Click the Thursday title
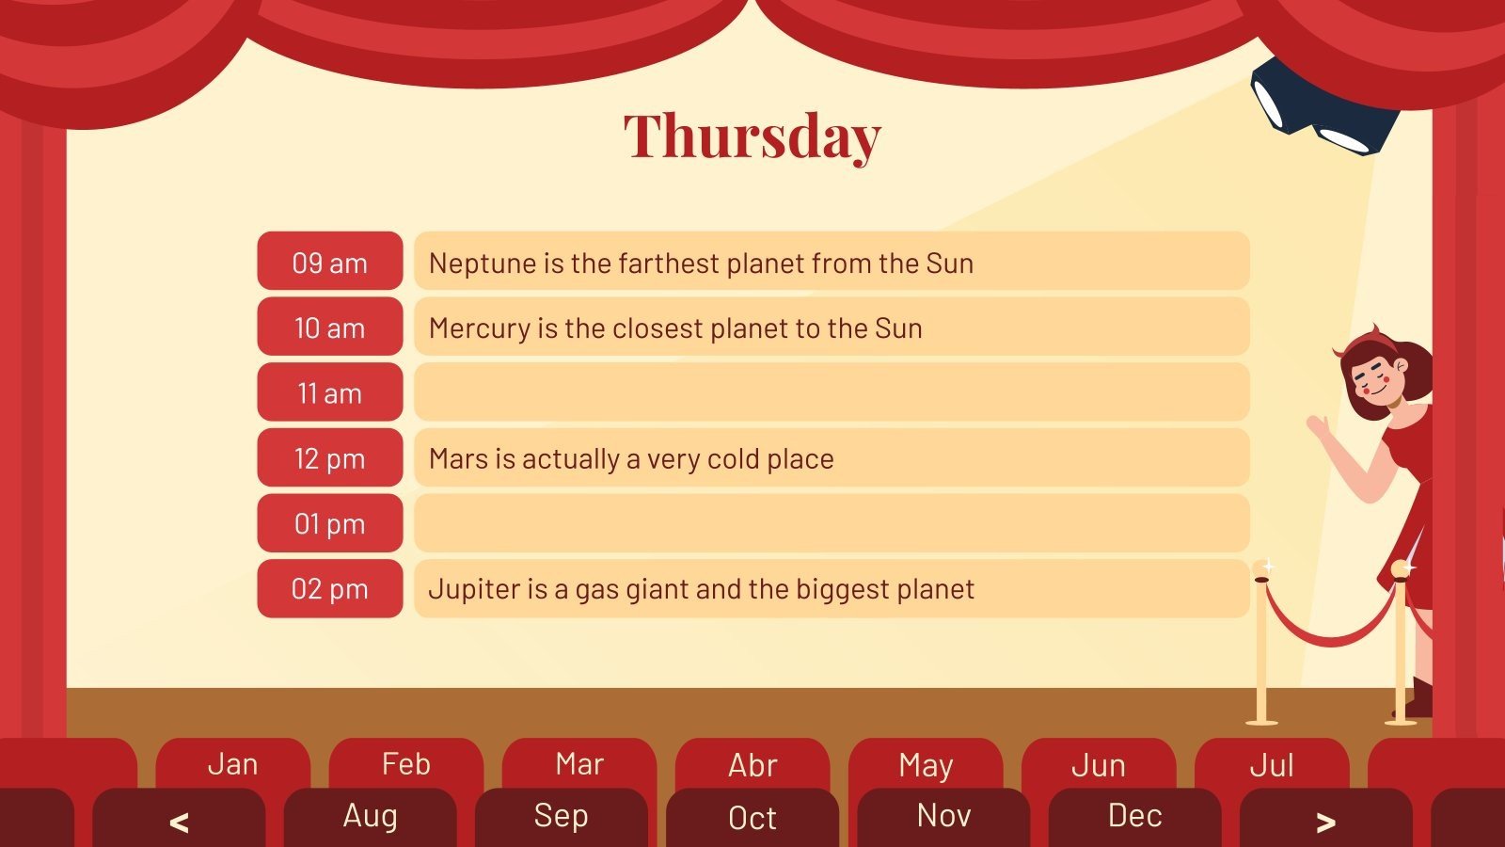[752, 136]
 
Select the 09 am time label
[329, 262]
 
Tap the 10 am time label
[329, 328]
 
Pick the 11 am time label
[329, 392]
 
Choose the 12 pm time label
[329, 458]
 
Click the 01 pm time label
[329, 523]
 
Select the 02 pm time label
[329, 589]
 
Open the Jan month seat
[232, 764]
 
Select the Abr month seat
[752, 765]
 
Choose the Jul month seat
[1272, 765]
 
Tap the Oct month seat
[752, 818]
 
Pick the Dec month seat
[1134, 816]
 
